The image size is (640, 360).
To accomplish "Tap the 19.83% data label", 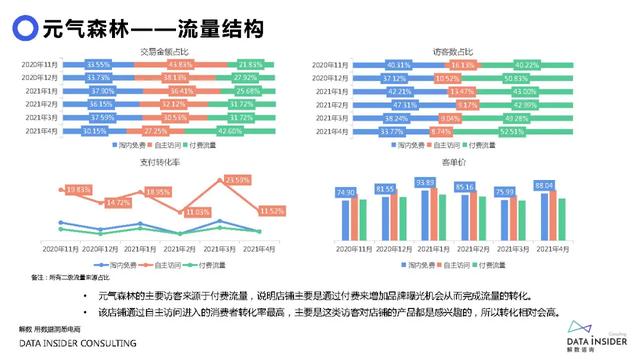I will coord(78,189).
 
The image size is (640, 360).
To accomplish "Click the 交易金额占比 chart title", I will coord(164,52).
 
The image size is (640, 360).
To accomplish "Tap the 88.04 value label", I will coord(544,186).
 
